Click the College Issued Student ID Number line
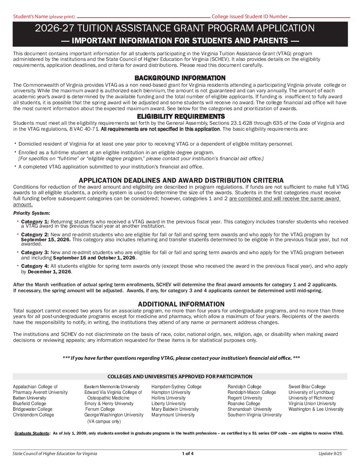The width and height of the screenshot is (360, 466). tap(319, 17)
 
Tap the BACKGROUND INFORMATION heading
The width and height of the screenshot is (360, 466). tap(180, 78)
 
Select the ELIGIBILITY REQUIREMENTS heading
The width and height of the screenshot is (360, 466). tap(181, 117)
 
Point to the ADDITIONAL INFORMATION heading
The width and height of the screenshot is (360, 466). tap(181, 304)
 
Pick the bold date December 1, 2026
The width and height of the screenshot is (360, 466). tap(49, 272)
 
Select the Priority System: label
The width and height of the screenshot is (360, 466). tap(32, 213)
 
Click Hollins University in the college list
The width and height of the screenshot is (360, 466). tap(168, 398)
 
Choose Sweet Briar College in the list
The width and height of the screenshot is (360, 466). tap(307, 387)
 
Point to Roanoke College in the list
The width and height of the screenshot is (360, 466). tap(244, 403)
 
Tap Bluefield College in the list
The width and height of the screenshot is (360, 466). tap(29, 403)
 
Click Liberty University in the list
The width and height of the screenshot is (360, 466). tap(168, 403)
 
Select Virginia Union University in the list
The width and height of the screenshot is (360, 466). tap(312, 403)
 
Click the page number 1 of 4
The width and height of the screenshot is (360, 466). tap(188, 453)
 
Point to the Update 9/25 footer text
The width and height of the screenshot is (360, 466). tap(330, 453)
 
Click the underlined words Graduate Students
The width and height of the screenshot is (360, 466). tap(32, 433)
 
